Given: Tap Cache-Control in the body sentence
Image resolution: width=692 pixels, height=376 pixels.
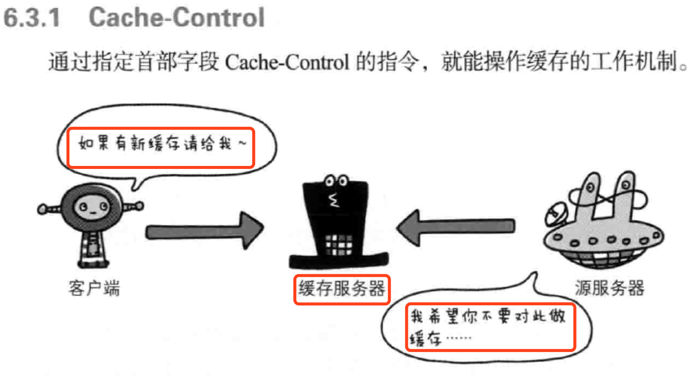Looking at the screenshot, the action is [287, 63].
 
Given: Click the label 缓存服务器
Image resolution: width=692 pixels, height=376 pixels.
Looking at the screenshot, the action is [341, 289].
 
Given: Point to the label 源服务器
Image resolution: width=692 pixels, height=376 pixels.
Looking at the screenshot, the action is [609, 288].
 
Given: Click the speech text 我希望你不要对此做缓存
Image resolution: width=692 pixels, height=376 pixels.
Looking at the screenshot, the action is [489, 326].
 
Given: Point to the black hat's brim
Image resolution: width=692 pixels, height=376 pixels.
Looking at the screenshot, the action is [338, 261].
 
